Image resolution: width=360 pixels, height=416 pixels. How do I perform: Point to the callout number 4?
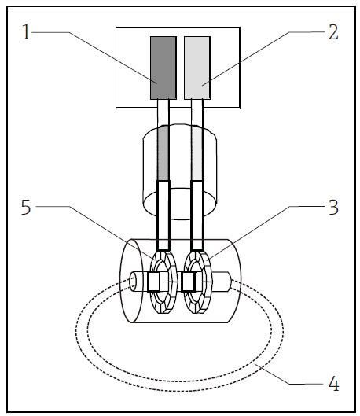click(333, 385)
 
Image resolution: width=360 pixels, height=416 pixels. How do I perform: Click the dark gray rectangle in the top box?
click(163, 67)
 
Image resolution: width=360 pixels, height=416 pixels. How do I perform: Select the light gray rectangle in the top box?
click(197, 67)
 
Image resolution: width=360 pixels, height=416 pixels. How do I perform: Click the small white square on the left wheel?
click(154, 281)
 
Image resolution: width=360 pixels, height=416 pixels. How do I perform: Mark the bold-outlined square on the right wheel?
click(189, 281)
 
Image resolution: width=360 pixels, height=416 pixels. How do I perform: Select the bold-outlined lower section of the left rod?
click(164, 212)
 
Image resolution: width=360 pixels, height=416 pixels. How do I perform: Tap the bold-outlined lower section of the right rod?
click(197, 212)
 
